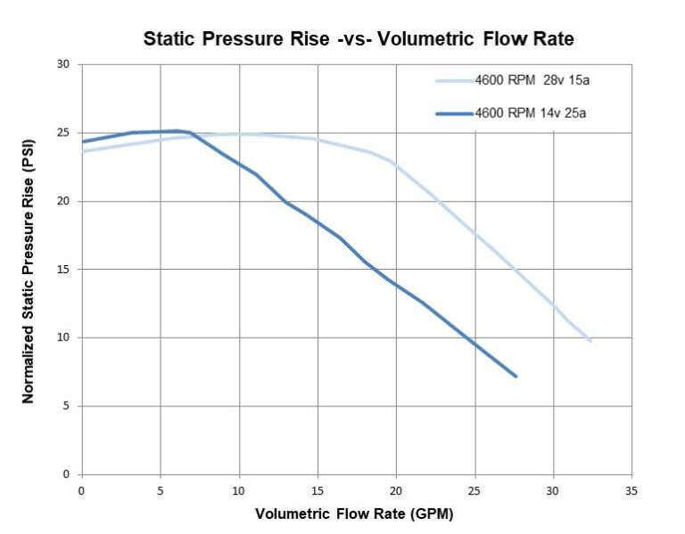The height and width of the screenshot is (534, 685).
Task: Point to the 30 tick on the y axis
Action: tap(62, 64)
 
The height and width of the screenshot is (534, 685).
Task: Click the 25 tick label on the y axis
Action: tap(62, 133)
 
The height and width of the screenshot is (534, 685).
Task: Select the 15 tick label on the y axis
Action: tap(62, 270)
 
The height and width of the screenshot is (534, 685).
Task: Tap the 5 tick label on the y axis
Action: tap(65, 406)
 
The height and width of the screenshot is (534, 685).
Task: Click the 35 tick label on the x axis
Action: tap(631, 490)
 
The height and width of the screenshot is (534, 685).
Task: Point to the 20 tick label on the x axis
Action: tap(396, 490)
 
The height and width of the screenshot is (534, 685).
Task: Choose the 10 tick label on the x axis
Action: tap(239, 490)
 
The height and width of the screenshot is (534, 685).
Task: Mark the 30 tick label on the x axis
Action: tap(553, 490)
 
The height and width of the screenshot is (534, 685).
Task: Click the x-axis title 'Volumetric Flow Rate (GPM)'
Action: tap(355, 514)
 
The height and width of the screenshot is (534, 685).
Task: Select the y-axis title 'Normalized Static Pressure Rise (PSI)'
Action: tap(29, 269)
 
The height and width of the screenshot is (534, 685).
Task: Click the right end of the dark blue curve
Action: tap(516, 376)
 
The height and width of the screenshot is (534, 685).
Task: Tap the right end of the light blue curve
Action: tap(590, 340)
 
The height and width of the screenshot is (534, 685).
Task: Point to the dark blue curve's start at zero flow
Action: tap(83, 141)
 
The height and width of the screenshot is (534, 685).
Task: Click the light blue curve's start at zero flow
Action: tap(83, 151)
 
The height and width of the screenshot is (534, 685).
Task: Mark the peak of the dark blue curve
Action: tap(176, 131)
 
